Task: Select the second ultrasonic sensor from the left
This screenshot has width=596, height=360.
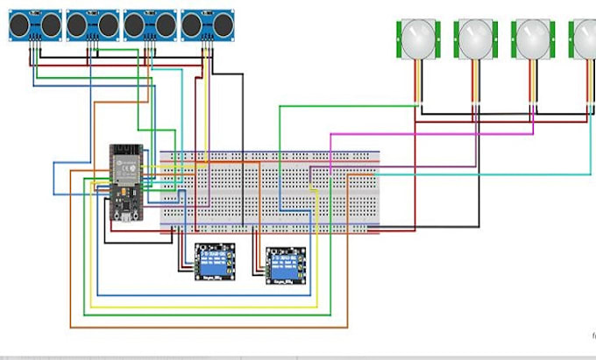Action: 92,25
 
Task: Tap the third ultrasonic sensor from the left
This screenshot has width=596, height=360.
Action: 149,25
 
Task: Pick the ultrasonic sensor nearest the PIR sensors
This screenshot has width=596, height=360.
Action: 206,25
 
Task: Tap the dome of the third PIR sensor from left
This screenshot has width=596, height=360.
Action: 532,38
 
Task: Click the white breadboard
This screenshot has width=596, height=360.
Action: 270,191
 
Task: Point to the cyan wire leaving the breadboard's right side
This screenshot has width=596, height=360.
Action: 482,174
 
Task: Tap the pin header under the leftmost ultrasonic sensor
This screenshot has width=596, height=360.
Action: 33,41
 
